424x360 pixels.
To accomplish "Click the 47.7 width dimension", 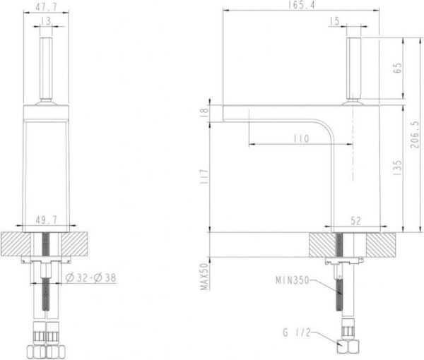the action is pos(46,7).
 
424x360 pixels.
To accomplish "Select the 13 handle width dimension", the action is pos(46,21).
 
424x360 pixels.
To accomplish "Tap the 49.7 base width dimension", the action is pos(46,220).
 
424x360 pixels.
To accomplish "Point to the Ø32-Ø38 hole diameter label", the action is pos(91,277).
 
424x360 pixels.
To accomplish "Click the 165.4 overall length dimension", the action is pos(302,5).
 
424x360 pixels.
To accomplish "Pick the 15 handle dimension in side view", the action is pos(335,21).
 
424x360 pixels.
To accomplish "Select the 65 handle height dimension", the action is pos(398,68).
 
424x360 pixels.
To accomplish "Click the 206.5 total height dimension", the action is pos(414,134).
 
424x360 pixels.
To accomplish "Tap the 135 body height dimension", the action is pos(398,168).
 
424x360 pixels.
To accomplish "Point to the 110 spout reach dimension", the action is pos(301,139).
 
